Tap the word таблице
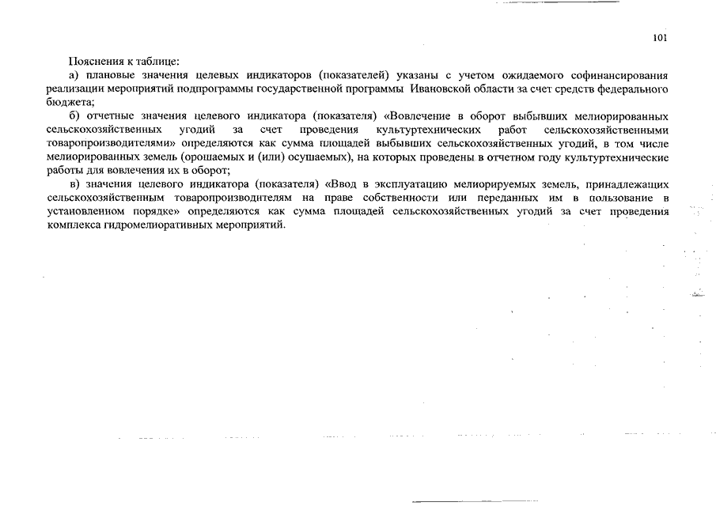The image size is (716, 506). coord(160,61)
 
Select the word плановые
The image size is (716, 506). coord(108,75)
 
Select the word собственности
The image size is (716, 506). coord(411,198)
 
